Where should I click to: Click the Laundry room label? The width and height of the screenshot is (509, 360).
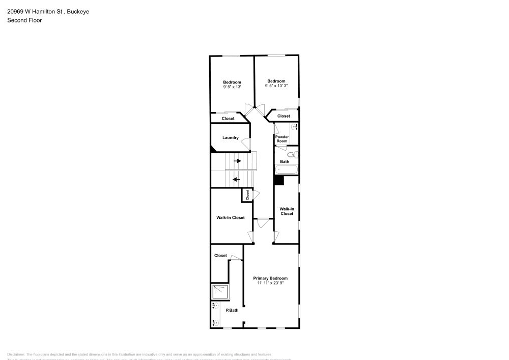[x=231, y=137]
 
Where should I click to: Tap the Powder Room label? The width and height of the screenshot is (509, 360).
[x=282, y=139]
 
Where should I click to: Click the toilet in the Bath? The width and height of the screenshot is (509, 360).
[x=291, y=154]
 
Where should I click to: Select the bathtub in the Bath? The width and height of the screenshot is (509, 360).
[x=286, y=170]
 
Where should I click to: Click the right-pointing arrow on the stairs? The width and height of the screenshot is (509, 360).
[x=237, y=161]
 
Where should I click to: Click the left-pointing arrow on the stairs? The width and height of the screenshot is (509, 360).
[x=236, y=179]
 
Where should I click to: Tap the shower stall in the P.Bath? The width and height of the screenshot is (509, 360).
[x=220, y=291]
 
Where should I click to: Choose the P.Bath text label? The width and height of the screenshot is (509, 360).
[x=232, y=310]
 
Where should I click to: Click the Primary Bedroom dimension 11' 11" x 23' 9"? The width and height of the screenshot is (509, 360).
[x=270, y=283]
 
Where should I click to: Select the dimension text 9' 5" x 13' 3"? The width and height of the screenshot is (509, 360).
[x=276, y=86]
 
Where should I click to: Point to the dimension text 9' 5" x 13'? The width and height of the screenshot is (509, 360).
[x=232, y=87]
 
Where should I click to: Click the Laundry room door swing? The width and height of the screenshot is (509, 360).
[x=245, y=144]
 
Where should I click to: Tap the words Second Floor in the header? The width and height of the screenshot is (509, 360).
[x=24, y=20]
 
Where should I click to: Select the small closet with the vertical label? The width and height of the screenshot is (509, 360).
[x=247, y=195]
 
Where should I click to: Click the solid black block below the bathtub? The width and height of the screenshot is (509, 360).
[x=279, y=180]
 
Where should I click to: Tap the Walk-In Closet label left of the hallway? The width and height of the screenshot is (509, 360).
[x=231, y=217]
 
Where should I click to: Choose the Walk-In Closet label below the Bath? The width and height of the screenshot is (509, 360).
[x=287, y=211]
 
